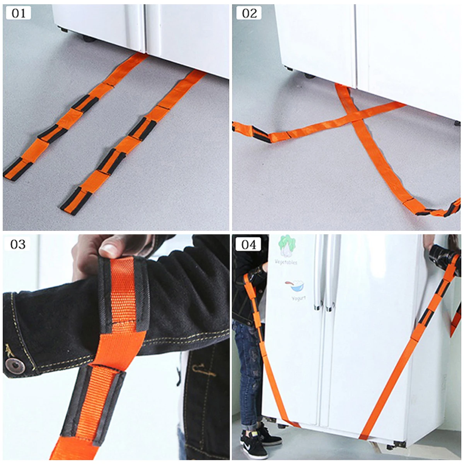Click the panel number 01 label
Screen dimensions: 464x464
point(19,14)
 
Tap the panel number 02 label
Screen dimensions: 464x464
point(249,14)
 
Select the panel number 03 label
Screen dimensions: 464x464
point(18,244)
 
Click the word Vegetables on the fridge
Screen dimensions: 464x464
point(286,262)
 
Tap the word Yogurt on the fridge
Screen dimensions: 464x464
point(299,298)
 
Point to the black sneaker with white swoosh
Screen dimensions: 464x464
point(255,445)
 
